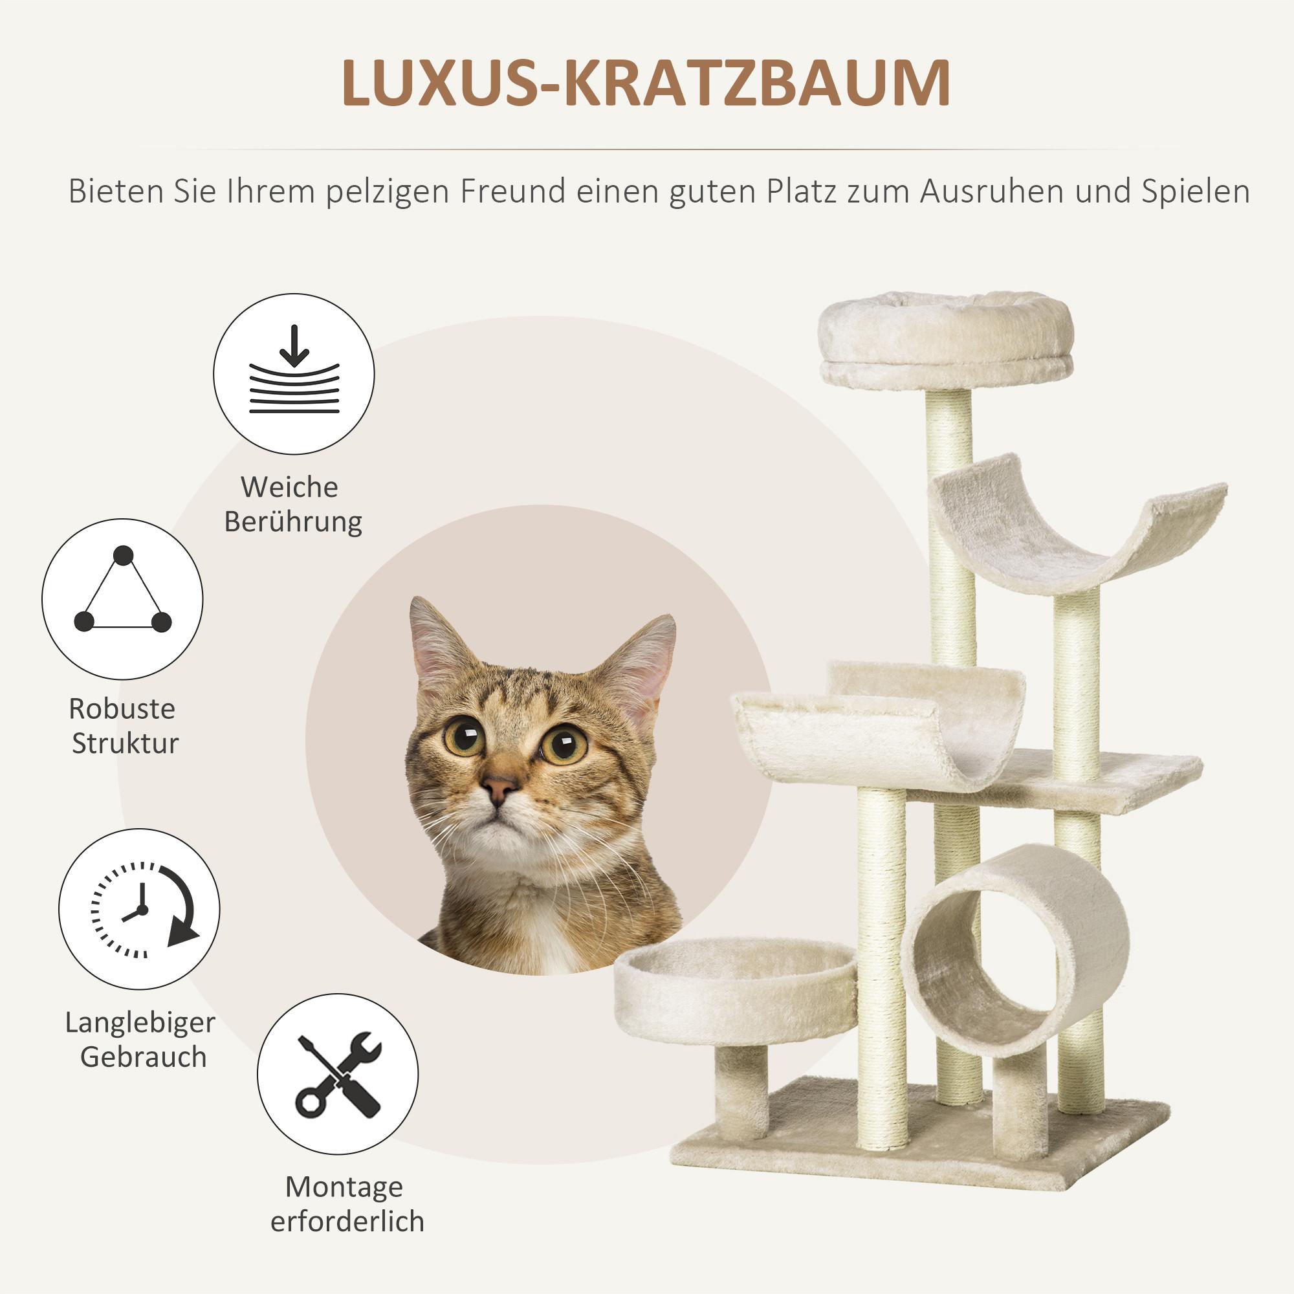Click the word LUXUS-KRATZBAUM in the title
tap(646, 83)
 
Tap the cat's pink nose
tap(499, 787)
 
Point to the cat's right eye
tap(564, 742)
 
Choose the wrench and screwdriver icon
tap(338, 1073)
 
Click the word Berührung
tap(292, 521)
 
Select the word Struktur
tap(126, 743)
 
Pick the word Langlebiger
tap(140, 1023)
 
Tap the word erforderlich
tap(347, 1221)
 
